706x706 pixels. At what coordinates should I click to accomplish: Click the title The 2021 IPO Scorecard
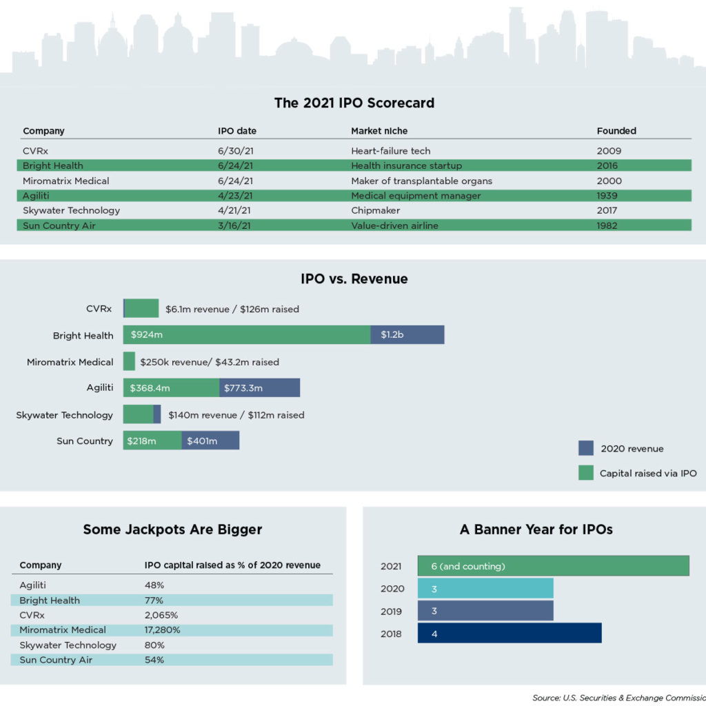[354, 103]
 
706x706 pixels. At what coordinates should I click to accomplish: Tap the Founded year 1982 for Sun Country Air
[608, 225]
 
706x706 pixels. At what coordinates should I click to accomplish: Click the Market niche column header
[379, 131]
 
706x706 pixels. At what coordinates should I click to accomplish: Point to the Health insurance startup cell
[406, 165]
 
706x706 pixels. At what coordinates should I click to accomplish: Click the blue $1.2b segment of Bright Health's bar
[407, 335]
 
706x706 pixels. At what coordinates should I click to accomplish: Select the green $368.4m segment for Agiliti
[171, 388]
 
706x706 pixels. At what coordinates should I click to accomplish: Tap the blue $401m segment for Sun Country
[210, 441]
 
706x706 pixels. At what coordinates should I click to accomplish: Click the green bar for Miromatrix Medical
[129, 361]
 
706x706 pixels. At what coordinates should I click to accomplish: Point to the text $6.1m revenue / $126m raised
[232, 310]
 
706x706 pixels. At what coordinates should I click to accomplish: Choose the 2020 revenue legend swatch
[585, 449]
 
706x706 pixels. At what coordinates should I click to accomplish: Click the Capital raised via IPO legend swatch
[585, 474]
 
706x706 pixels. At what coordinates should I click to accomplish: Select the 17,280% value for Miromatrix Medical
[162, 630]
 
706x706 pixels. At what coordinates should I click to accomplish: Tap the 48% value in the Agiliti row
[154, 585]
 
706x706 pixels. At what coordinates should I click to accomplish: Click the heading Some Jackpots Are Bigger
[172, 529]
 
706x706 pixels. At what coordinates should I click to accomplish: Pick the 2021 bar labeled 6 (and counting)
[553, 566]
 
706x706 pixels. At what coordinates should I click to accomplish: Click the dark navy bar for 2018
[509, 634]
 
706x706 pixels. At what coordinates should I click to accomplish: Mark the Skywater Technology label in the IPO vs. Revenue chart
[64, 415]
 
